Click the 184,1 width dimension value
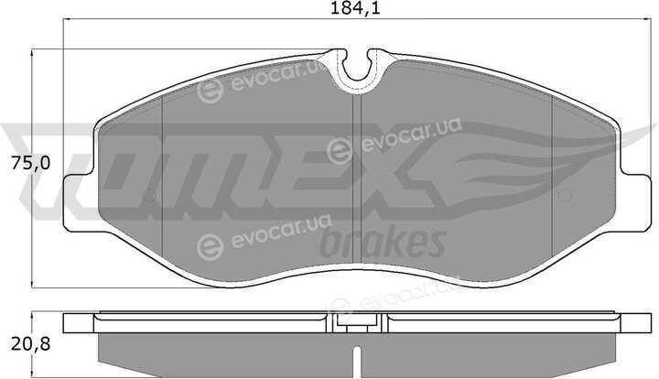coord(355,8)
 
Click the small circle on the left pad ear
coord(149,195)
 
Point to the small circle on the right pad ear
coord(565,195)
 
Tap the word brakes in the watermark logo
coord(383,242)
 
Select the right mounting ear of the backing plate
coord(633,202)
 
